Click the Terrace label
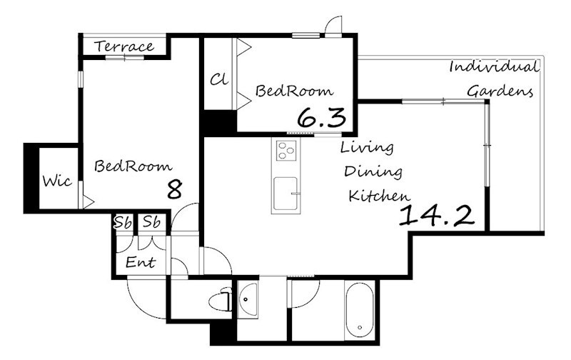[x=124, y=46]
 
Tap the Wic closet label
[x=57, y=181]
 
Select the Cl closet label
[x=219, y=79]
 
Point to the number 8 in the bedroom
[x=174, y=189]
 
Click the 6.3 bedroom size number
[x=322, y=118]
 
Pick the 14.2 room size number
[x=437, y=215]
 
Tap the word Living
[x=367, y=148]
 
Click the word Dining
[x=373, y=171]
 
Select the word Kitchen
[x=380, y=196]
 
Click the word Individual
[x=494, y=66]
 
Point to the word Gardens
[x=500, y=91]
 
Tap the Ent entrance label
[x=141, y=262]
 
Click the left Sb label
[x=123, y=222]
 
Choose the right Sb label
[x=151, y=221]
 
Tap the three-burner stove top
[x=286, y=151]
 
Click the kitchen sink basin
[x=285, y=194]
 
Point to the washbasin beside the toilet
[x=248, y=299]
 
